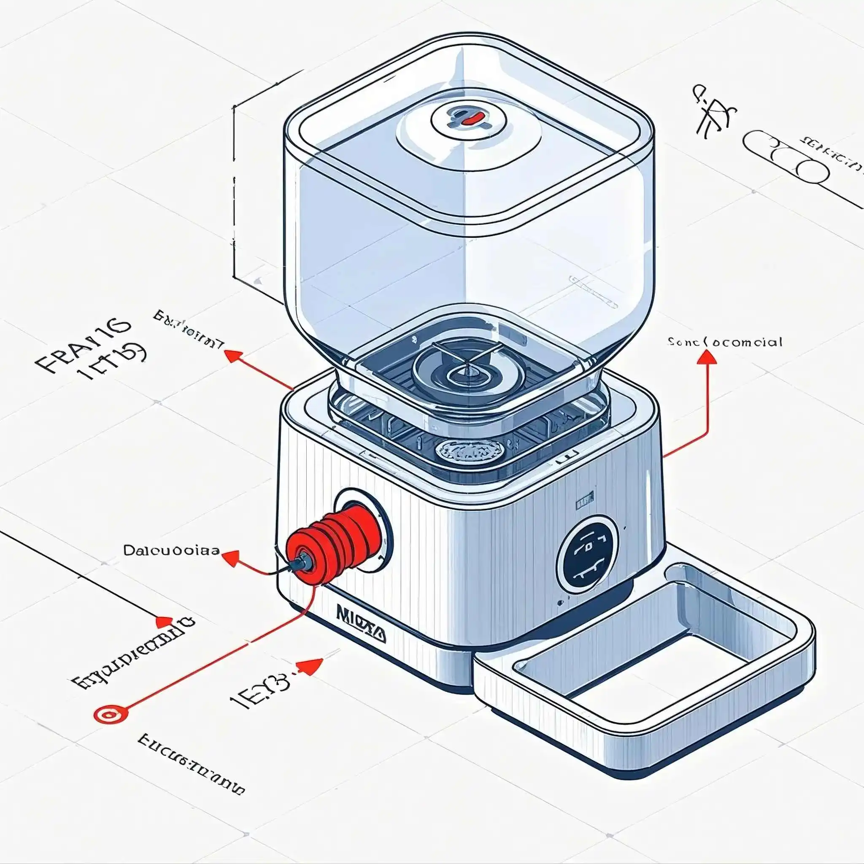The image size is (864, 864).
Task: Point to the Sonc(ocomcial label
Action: click(725, 343)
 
